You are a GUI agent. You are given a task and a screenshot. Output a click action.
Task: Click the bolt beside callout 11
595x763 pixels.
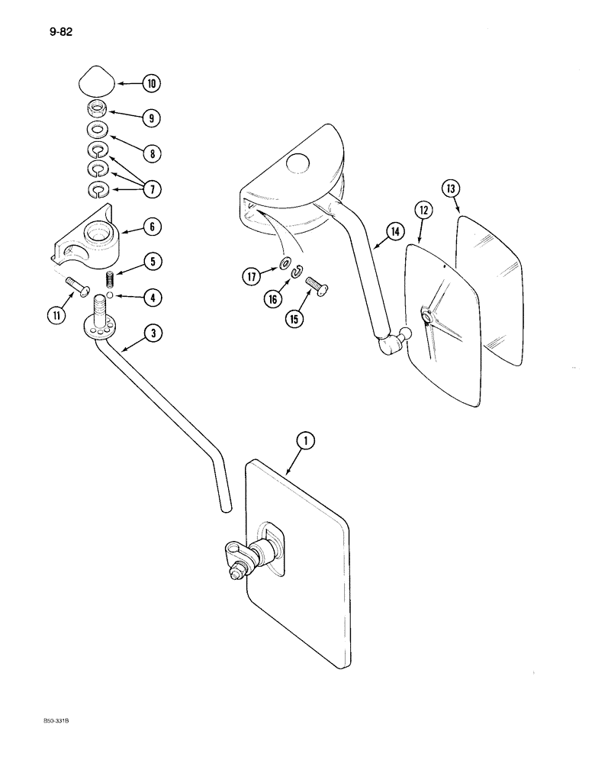point(79,288)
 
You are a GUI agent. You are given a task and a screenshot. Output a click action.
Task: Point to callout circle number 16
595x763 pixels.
point(272,300)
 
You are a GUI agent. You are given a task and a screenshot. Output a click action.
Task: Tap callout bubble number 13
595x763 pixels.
point(452,188)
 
